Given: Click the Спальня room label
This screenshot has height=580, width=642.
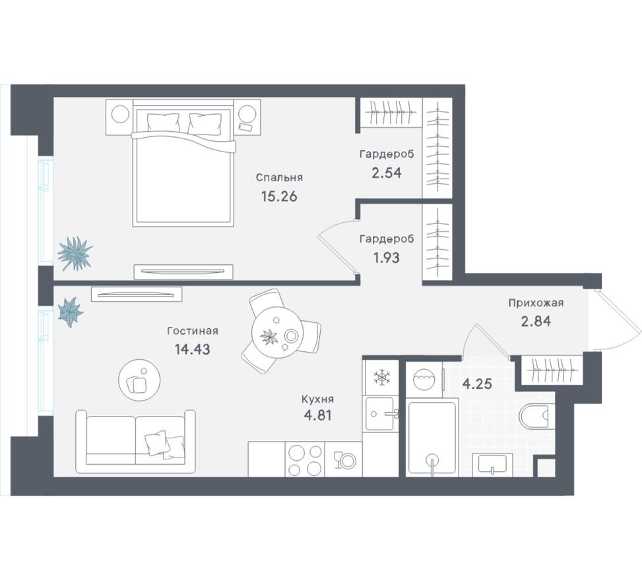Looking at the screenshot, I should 279,177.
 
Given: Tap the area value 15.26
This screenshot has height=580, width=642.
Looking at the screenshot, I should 279,196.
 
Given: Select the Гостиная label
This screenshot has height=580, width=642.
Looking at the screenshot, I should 193,332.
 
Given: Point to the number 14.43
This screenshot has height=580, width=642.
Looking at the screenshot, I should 193,351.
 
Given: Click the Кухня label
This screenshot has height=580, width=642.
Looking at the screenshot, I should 317,399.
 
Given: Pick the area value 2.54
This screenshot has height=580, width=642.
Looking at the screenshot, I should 387,173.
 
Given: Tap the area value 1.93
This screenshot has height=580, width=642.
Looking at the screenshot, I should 387,258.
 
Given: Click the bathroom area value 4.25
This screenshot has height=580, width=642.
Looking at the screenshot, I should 478,384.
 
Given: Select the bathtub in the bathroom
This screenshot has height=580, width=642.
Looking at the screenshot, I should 432,435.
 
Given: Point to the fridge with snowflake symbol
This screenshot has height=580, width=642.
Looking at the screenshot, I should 381,378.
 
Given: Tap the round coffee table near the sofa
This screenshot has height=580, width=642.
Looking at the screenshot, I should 140,379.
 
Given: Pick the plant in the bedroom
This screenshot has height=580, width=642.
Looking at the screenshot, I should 74,253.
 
